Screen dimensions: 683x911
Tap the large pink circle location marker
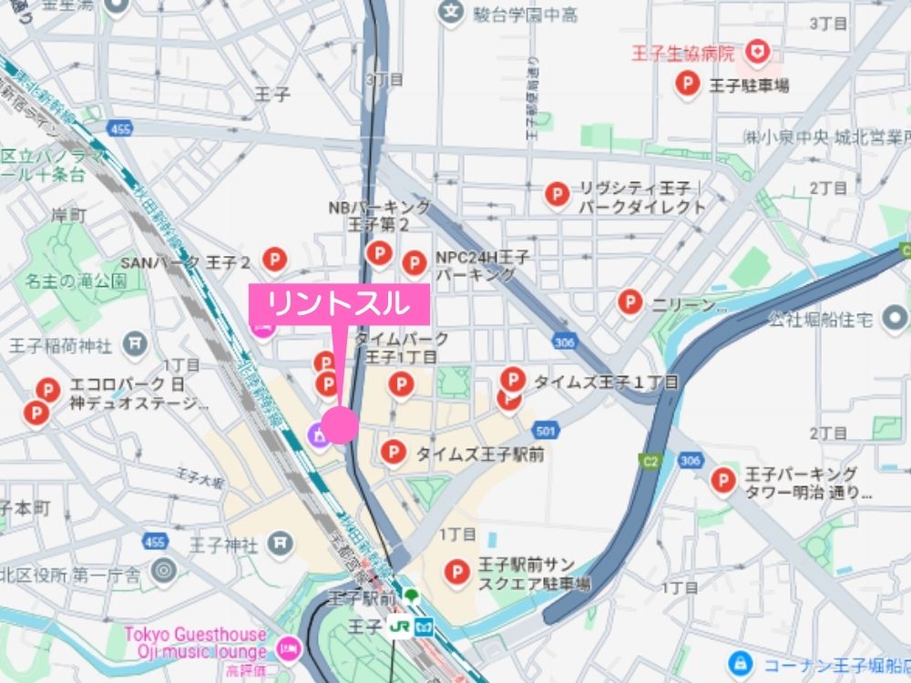point(339,424)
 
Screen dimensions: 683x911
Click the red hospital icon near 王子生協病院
point(755,53)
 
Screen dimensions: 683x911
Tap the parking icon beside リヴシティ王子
point(557,194)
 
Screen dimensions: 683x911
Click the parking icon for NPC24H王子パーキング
point(415,263)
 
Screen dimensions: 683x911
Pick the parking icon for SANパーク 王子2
point(274,260)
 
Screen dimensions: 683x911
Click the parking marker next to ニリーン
point(630,301)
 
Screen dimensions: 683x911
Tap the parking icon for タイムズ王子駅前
point(393,451)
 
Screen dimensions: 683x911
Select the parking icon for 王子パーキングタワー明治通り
point(723,480)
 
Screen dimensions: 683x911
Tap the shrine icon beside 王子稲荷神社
point(135,344)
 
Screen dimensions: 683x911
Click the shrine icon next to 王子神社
point(282,545)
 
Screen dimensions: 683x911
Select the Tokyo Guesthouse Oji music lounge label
point(196,643)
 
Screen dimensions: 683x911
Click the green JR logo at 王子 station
point(398,627)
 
